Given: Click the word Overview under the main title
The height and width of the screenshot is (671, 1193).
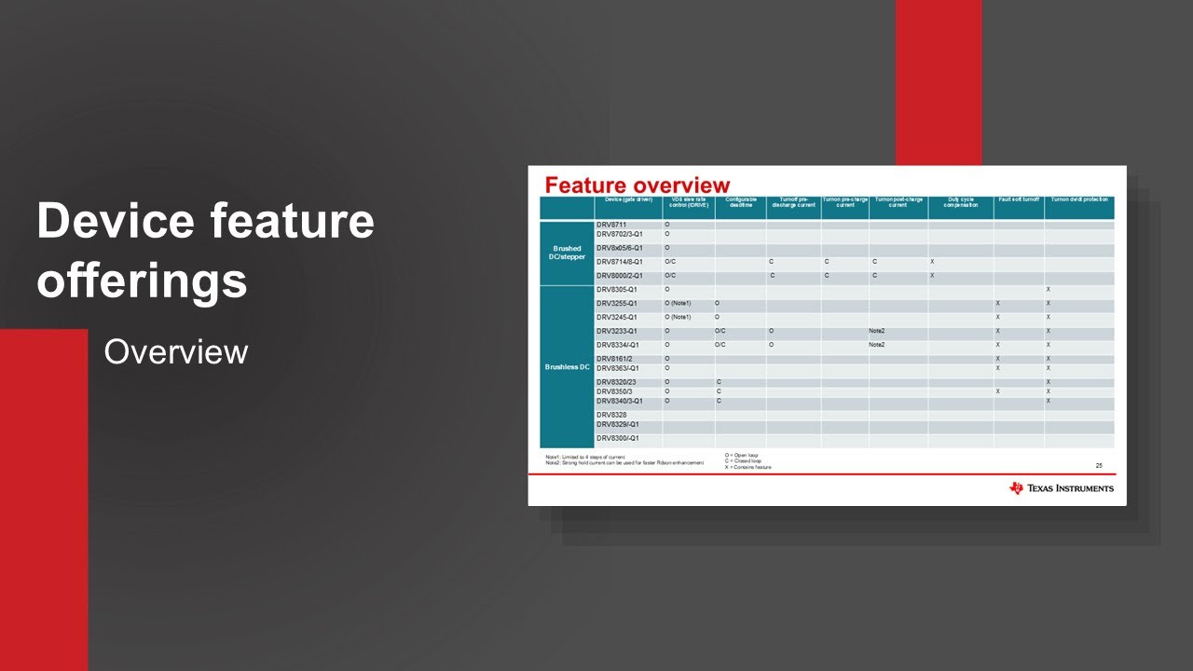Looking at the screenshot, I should [x=176, y=352].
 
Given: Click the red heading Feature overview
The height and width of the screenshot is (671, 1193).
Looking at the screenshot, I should [x=638, y=185].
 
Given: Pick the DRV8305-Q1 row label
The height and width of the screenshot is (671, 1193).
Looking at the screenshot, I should [x=617, y=290].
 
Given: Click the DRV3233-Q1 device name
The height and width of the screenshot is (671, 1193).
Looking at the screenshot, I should [x=617, y=331].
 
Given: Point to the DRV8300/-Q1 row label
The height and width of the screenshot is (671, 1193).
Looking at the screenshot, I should [x=618, y=438].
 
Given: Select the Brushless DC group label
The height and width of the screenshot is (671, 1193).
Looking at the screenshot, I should [x=568, y=367].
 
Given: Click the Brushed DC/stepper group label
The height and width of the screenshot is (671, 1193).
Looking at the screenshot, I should [x=568, y=253].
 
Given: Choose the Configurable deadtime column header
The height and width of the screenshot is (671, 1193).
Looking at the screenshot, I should [x=741, y=202].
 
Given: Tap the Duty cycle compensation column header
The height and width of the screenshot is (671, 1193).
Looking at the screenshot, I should [x=960, y=202].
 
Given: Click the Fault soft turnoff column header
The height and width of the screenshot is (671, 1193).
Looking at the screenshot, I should [x=1019, y=199].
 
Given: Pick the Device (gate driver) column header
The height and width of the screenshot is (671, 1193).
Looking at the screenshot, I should [x=628, y=199].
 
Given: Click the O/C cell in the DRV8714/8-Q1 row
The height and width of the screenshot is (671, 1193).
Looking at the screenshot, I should [x=670, y=262].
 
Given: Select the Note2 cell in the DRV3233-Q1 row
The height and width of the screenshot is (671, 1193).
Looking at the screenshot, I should [x=876, y=331].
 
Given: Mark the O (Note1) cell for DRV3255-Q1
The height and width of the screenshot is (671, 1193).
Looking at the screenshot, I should [x=678, y=304].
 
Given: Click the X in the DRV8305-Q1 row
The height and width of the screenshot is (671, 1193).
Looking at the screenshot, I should [x=1049, y=290].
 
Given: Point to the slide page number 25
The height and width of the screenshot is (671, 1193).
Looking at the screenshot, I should [x=1099, y=465].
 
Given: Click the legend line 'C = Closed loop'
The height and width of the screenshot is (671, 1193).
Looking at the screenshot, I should [x=743, y=461].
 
